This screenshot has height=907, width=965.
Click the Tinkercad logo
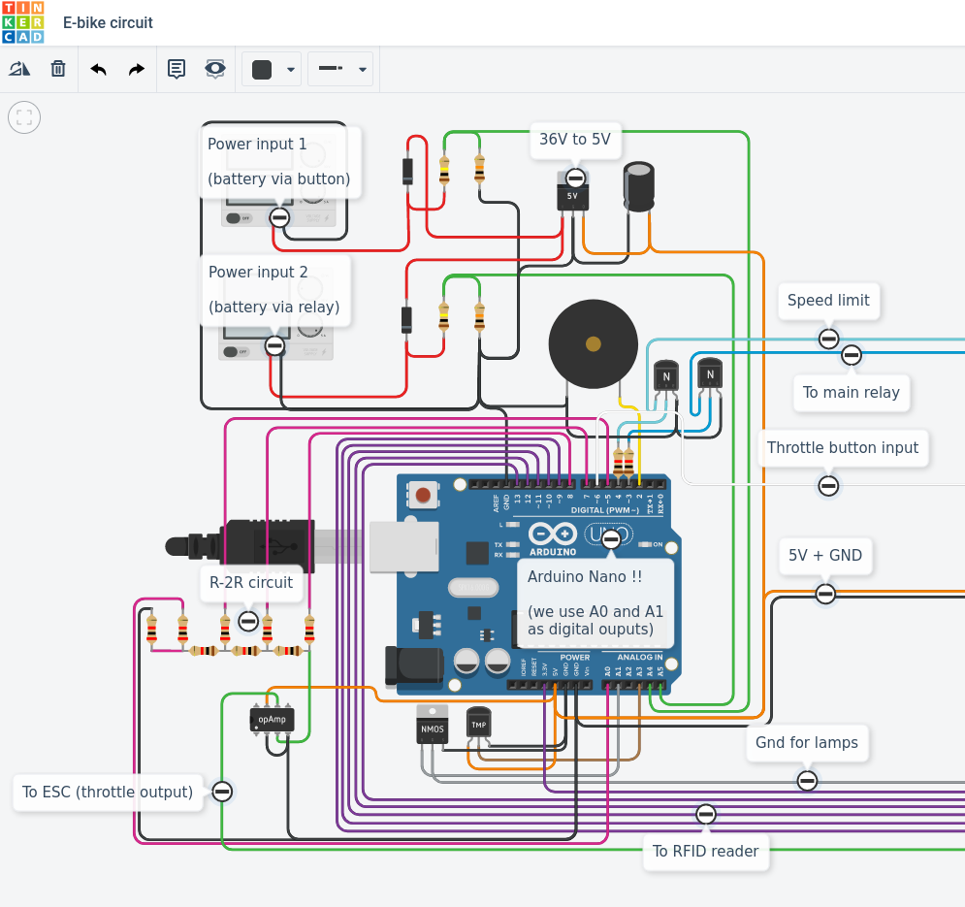[22, 22]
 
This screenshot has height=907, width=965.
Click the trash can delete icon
[58, 69]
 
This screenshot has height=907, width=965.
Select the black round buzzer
[593, 343]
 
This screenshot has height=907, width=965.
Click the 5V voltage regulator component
[572, 196]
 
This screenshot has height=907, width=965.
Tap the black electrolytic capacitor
[638, 186]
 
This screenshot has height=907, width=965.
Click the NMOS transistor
[433, 729]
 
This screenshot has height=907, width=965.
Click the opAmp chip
[272, 719]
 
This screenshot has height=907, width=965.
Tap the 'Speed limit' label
[828, 301]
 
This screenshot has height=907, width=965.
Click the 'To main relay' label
[852, 393]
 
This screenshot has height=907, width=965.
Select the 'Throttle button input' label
[842, 448]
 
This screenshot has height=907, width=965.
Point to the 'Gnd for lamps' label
[807, 743]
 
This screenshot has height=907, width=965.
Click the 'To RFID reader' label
[705, 852]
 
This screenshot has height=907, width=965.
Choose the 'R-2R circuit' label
[251, 583]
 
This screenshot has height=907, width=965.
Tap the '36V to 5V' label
[575, 140]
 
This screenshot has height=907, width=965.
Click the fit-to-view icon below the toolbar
[24, 118]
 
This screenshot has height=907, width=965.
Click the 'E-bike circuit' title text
[108, 22]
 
